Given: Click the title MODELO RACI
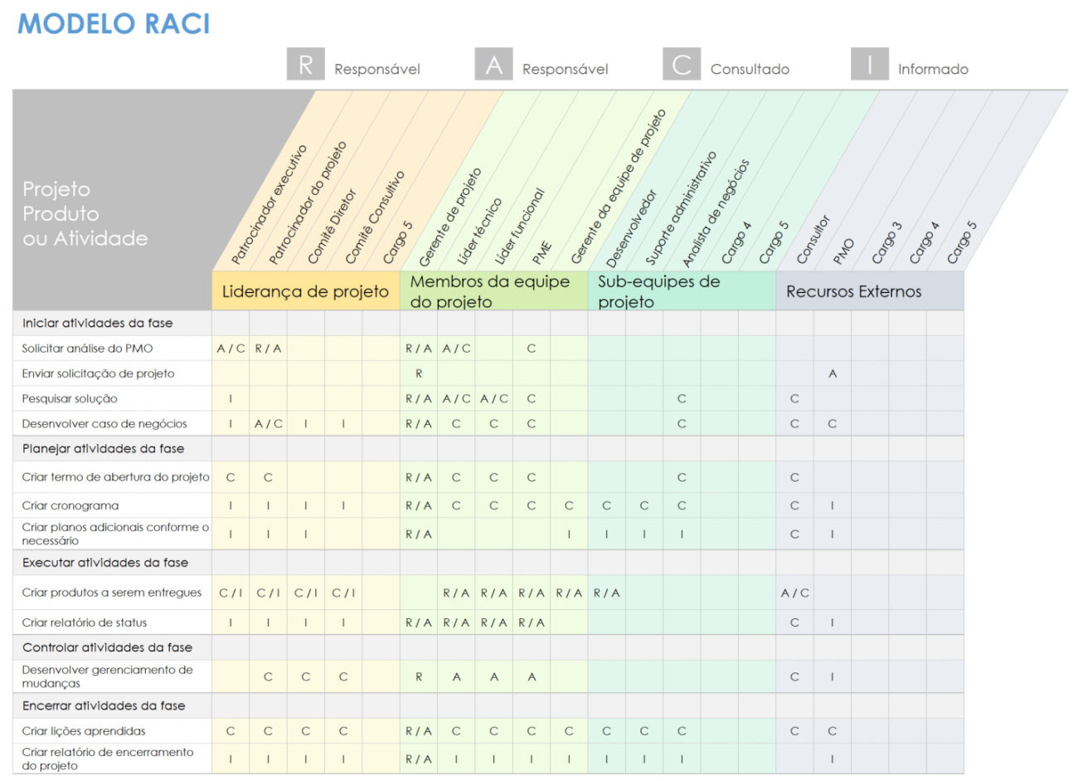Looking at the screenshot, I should [114, 24].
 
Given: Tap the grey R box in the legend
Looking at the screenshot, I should [305, 64].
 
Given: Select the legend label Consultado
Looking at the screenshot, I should [749, 70].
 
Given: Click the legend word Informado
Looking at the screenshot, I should [933, 70].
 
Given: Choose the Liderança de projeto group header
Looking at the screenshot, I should [305, 291].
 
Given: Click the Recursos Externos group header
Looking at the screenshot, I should [853, 291].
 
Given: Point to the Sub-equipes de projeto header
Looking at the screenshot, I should [658, 291].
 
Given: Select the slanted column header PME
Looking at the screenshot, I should [542, 251].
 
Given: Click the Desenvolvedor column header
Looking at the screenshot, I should [631, 228].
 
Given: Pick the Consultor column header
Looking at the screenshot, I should [813, 240].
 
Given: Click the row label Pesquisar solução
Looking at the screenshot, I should [70, 398].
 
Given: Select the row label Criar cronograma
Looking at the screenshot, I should [70, 505].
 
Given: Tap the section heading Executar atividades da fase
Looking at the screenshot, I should [105, 563].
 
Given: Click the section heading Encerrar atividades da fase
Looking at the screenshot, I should [104, 705].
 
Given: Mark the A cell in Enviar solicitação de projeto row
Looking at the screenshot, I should [832, 373].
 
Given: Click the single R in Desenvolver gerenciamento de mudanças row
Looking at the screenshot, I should [419, 677].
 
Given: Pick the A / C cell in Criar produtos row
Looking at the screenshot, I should [794, 593].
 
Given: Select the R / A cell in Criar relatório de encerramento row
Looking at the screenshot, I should [419, 759].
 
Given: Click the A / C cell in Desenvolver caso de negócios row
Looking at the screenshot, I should [268, 423].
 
